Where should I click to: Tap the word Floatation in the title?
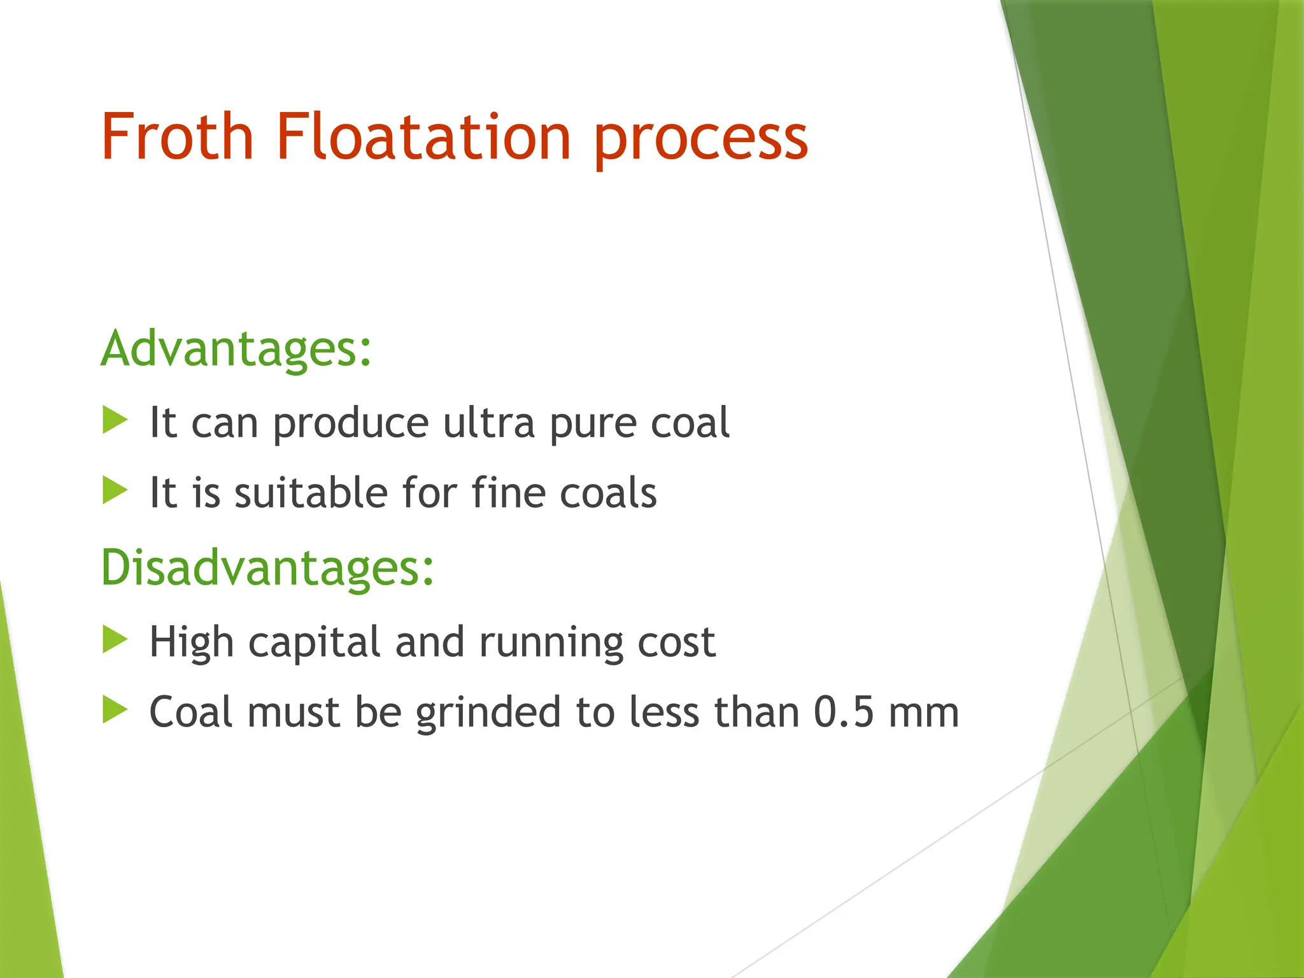point(423,137)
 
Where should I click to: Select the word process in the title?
point(701,140)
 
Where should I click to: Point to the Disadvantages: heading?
point(267,568)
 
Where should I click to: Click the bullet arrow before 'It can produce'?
point(115,421)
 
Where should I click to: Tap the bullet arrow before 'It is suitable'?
point(115,491)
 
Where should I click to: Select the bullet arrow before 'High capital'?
point(115,640)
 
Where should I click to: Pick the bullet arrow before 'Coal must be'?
point(115,710)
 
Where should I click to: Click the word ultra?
point(488,423)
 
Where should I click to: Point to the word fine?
point(508,493)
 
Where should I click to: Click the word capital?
point(314,643)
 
